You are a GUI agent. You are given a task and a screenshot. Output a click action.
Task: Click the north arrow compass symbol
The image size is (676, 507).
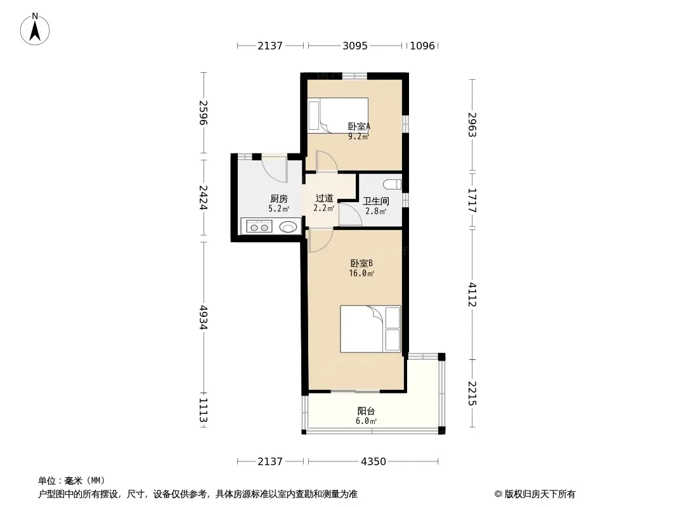pyautogui.click(x=35, y=29)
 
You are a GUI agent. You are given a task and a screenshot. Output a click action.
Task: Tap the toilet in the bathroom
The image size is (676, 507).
pyautogui.click(x=392, y=184)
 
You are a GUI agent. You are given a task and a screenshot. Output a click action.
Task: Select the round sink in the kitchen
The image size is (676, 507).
pyautogui.click(x=289, y=227)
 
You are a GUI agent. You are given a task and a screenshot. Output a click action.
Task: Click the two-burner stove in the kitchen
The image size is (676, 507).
pyautogui.click(x=259, y=227)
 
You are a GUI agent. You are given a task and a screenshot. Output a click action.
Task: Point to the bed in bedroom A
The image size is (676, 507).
pyautogui.click(x=337, y=115)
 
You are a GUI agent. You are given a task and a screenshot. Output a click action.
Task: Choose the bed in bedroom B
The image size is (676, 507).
pyautogui.click(x=370, y=329)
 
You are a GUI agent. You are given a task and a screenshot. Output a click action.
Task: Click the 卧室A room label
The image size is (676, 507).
pyautogui.click(x=359, y=127)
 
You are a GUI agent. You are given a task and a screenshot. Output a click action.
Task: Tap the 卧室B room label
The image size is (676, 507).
pyautogui.click(x=361, y=263)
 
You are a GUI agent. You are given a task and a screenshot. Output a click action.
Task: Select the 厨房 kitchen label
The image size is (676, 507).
pyautogui.click(x=278, y=198)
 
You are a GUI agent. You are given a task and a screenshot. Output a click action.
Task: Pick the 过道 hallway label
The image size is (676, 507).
pyautogui.click(x=324, y=198)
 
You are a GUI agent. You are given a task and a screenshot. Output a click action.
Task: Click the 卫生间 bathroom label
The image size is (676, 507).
pyautogui.click(x=375, y=201)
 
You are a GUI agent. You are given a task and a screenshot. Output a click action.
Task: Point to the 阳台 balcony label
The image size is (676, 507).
pyautogui.click(x=366, y=411)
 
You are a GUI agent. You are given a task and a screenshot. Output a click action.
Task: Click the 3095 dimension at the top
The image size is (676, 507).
pyautogui.click(x=355, y=46)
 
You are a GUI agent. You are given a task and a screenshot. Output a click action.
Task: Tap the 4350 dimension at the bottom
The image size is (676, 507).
pyautogui.click(x=374, y=462)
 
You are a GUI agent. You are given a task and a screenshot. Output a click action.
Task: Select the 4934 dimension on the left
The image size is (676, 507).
pyautogui.click(x=204, y=318)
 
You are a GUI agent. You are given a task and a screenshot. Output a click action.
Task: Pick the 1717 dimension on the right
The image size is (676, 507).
pyautogui.click(x=472, y=200)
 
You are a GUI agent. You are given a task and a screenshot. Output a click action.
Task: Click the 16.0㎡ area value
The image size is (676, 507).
pyautogui.click(x=361, y=274)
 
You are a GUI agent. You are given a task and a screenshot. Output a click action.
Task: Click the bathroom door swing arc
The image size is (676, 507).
pyautogui.click(x=351, y=214)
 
